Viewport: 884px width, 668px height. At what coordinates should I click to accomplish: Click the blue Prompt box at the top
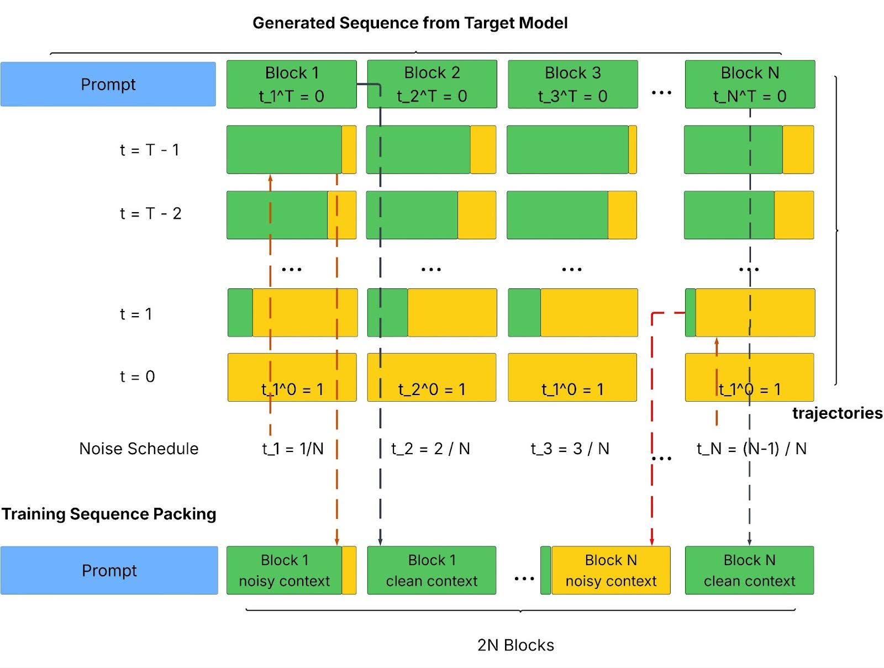click(108, 84)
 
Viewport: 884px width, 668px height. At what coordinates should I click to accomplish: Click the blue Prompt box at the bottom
click(109, 570)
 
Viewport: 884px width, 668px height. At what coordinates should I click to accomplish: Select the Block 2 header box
click(432, 84)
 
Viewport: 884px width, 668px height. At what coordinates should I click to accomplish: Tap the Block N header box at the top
click(750, 84)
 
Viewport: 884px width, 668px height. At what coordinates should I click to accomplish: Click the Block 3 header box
click(572, 84)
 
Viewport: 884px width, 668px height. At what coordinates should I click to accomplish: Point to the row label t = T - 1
click(149, 150)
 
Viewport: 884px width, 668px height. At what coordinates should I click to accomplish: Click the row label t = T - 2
click(150, 213)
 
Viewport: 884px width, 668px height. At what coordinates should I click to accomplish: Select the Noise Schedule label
click(139, 449)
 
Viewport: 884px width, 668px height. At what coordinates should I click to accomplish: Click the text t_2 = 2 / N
click(430, 449)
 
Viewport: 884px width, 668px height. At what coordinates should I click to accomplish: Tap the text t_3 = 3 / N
click(570, 449)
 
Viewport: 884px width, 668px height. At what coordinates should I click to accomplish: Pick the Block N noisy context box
click(611, 570)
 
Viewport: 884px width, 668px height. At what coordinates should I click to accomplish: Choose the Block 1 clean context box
click(432, 570)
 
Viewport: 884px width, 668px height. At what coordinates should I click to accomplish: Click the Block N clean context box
click(749, 570)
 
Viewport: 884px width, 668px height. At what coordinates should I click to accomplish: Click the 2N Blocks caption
click(515, 645)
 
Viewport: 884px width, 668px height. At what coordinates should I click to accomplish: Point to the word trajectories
click(837, 413)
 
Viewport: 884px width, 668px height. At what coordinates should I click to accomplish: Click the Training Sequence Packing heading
click(109, 514)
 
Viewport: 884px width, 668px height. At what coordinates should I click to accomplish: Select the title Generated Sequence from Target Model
click(410, 23)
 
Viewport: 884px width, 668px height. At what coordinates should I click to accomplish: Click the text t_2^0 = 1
click(432, 390)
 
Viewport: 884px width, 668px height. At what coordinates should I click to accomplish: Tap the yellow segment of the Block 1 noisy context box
click(349, 570)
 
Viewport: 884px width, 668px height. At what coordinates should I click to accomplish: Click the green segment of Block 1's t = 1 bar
click(240, 313)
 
